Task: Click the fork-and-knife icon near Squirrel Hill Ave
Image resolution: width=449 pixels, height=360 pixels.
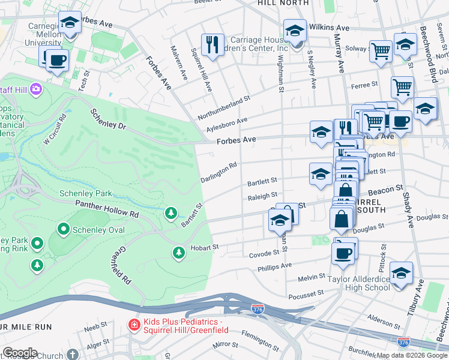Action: pos(212,44)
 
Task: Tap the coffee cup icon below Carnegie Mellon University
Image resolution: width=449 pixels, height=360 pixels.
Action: pos(57,60)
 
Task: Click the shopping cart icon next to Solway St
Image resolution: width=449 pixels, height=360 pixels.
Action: pos(380,51)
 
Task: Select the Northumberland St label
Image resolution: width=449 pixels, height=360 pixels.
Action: pos(224,108)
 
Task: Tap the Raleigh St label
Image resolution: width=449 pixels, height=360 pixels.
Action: pos(262,196)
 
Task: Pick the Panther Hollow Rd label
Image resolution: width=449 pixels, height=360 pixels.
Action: pos(107,209)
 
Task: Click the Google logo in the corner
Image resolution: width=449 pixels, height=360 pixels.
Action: pos(20,353)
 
